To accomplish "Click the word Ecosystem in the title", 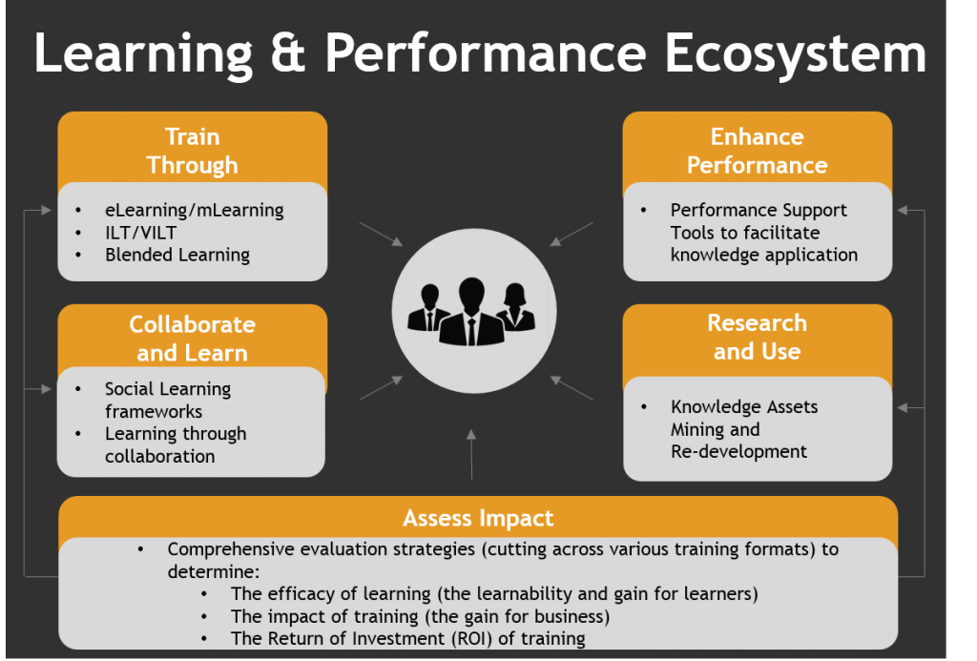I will pos(795,55).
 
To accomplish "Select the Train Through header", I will pos(193,151).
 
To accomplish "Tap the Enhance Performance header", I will pos(757,151).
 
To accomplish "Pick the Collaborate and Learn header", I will pos(193,338).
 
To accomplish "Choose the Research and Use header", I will pos(757,337).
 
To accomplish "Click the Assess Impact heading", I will pos(478,518).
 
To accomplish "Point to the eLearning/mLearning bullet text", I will pos(195,210).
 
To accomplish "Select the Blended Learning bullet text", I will pos(177,255).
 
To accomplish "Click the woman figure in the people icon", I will pos(515,307).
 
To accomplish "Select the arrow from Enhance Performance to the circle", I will pos(572,235).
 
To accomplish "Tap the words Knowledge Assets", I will pos(744,406).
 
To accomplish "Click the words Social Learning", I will pos(168,389).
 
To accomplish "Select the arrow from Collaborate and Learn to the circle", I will pos(381,387).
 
